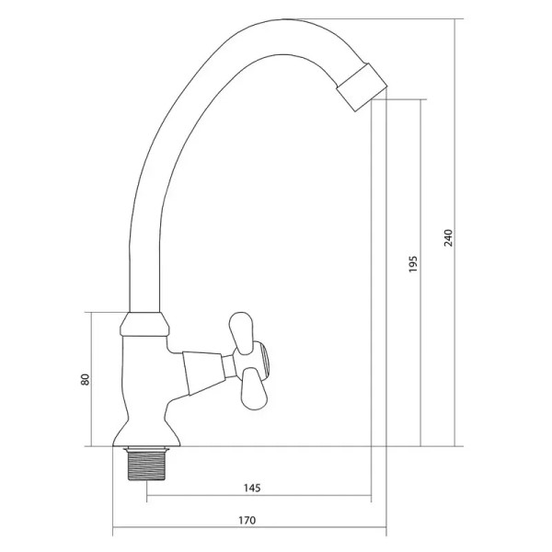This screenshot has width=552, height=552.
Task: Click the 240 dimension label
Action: click(x=449, y=237)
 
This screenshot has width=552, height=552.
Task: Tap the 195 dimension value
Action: click(x=413, y=264)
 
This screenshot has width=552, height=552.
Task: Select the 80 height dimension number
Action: click(x=86, y=379)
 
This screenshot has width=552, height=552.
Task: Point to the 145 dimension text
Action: click(x=252, y=488)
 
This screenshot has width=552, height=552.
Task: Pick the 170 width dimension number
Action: click(x=247, y=520)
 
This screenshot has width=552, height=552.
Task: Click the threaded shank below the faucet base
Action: click(x=146, y=465)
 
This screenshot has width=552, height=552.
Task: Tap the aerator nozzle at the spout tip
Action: click(x=362, y=87)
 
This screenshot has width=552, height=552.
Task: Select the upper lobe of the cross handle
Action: click(x=241, y=332)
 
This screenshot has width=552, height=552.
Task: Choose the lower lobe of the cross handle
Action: click(x=254, y=389)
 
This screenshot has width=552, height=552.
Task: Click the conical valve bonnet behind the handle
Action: click(x=202, y=374)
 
